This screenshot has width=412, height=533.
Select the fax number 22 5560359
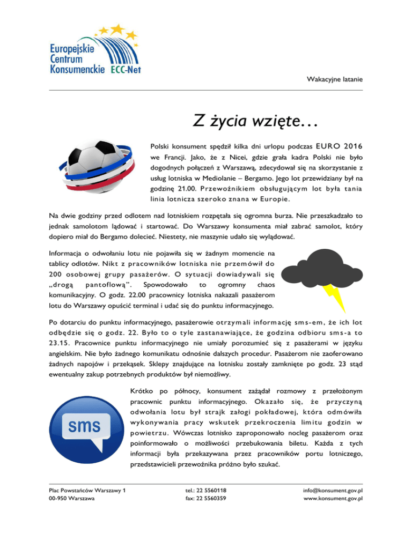tap(205, 499)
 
